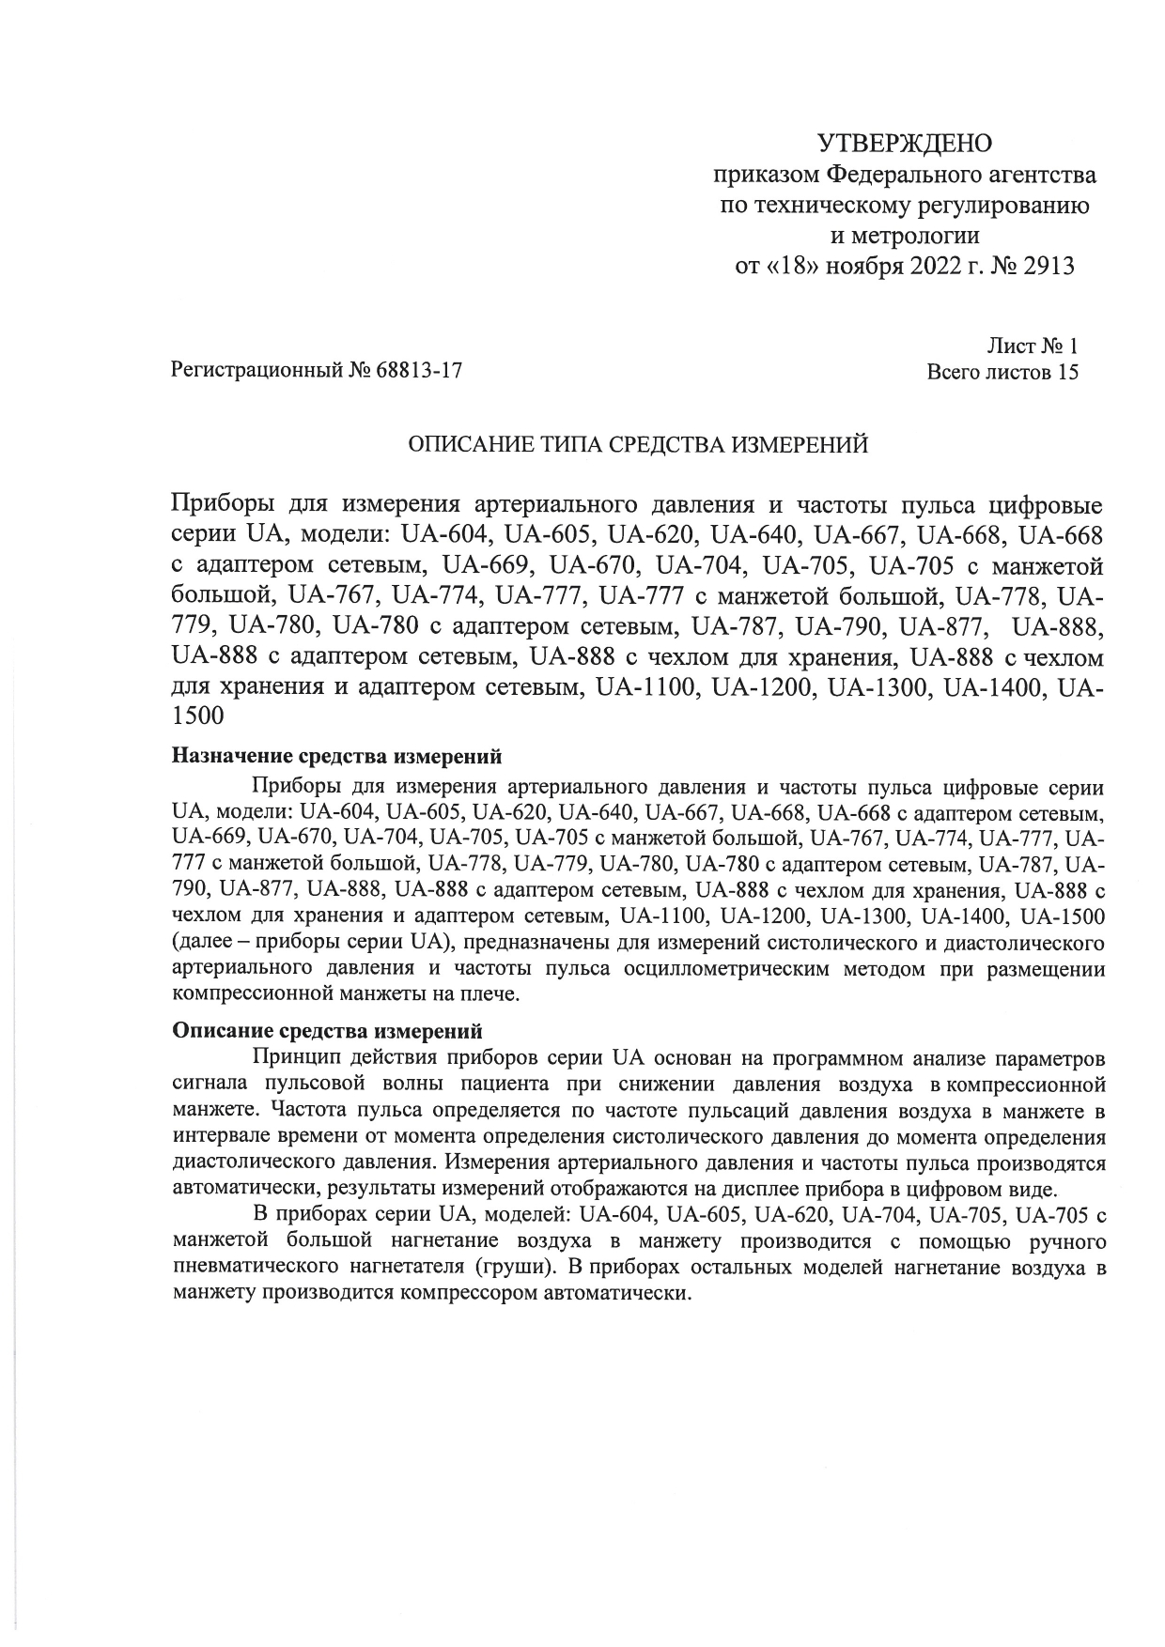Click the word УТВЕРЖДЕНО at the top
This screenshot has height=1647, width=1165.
tap(905, 143)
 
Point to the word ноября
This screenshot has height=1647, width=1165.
tap(865, 267)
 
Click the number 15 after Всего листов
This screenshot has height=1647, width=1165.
tap(1067, 372)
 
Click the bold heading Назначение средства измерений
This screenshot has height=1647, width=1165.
tap(337, 756)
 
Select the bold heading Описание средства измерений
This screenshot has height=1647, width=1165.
tap(328, 1031)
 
